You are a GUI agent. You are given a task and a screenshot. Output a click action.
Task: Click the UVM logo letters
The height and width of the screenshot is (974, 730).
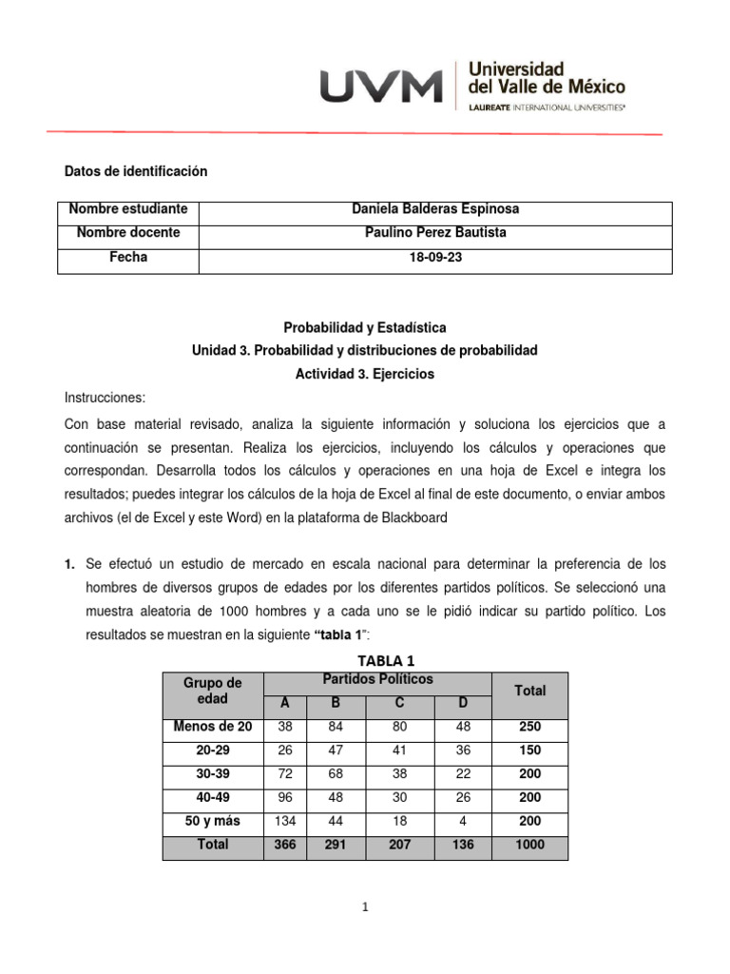[381, 87]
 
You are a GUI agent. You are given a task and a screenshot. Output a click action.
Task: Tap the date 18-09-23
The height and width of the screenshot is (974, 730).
[434, 258]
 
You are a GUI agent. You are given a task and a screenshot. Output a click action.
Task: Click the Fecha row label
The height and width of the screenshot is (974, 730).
[128, 258]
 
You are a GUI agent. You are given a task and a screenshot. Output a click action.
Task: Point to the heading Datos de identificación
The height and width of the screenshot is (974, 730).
[135, 171]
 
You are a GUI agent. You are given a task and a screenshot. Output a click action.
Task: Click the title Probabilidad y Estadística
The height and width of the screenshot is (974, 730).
[365, 327]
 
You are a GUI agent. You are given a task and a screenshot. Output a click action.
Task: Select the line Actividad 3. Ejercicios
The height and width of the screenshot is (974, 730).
[365, 375]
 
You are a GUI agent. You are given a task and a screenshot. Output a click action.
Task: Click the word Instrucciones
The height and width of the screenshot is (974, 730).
[106, 399]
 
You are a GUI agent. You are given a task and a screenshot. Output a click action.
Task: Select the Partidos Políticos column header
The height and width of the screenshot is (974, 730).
[377, 680]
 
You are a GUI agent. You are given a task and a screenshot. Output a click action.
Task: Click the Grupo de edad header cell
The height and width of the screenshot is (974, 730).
[213, 691]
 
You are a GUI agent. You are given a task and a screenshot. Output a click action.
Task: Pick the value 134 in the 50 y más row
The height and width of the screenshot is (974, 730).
[285, 820]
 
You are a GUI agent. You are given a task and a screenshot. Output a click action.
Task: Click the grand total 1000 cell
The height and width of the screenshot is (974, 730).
[529, 845]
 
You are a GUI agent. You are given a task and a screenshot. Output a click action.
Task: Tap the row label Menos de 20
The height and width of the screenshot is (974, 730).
[213, 728]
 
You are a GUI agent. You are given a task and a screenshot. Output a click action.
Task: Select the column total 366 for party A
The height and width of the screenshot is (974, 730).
[285, 845]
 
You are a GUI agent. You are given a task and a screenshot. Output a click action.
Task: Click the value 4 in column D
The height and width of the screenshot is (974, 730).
[462, 820]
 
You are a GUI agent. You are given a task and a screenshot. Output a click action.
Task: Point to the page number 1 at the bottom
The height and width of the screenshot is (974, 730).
[365, 907]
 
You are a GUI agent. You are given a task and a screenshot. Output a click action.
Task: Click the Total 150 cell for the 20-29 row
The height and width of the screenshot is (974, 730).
[529, 750]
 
